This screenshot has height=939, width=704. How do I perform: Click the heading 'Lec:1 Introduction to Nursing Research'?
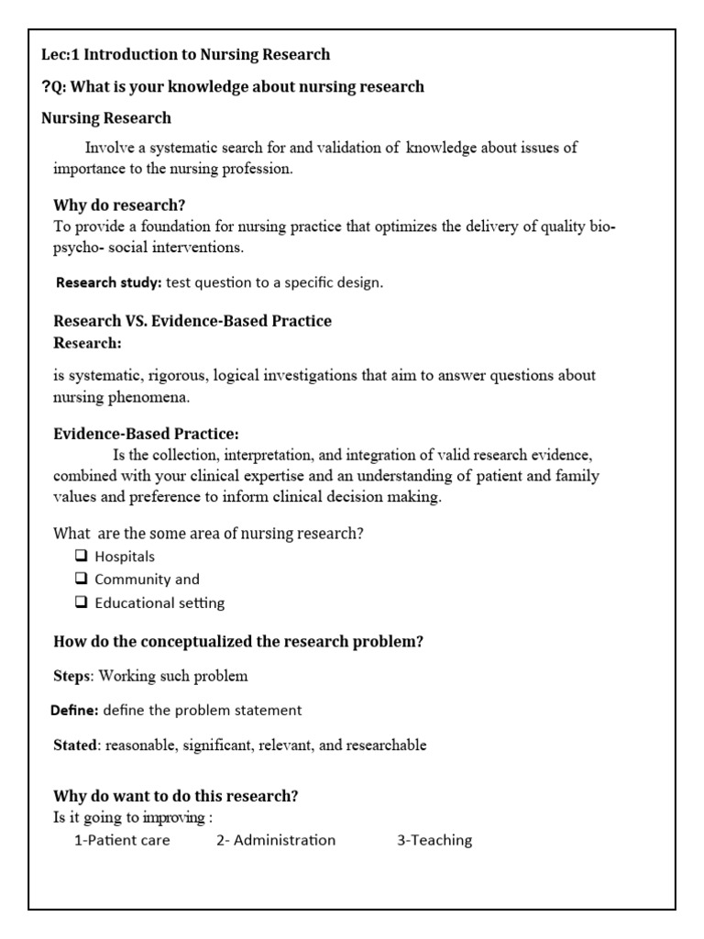coord(186,55)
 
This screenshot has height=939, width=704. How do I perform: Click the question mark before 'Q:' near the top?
coord(46,87)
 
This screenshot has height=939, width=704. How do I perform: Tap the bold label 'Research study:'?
coord(109,282)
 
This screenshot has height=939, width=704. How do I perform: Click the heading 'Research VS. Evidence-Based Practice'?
coord(192,321)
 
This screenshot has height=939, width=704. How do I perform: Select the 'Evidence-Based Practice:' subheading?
coord(146,433)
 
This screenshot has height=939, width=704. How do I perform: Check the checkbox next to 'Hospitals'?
coord(81,557)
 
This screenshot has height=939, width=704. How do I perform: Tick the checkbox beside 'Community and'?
coord(81,580)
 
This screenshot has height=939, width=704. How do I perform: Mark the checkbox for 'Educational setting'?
coord(81,603)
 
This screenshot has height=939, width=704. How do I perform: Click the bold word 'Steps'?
coord(71,677)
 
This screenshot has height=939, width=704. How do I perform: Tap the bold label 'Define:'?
coord(74,711)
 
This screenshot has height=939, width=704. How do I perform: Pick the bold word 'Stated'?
coord(75,745)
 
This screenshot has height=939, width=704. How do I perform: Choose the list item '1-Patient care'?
coord(122,840)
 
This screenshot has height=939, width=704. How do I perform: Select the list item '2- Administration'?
coord(276,840)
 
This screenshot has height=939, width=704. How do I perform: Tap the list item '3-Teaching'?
coord(434,840)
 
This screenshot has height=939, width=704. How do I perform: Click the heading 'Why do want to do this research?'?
coord(176,795)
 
